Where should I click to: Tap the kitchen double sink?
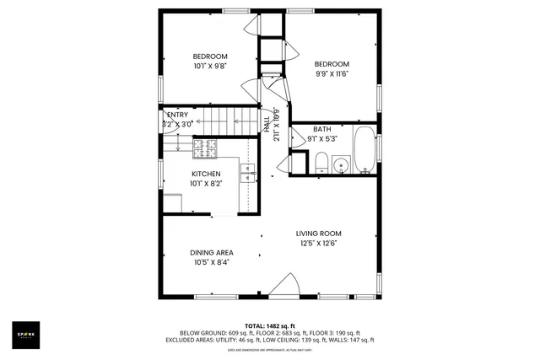pyautogui.click(x=246, y=173)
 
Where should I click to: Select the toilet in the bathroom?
pyautogui.click(x=321, y=162)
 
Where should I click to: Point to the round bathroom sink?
pyautogui.click(x=340, y=164)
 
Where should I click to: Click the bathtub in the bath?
pyautogui.click(x=365, y=149)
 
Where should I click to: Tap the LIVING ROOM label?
pyautogui.click(x=317, y=234)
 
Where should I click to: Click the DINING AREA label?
pyautogui.click(x=211, y=252)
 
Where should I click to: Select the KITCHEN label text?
pyautogui.click(x=205, y=174)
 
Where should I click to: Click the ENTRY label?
pyautogui.click(x=177, y=115)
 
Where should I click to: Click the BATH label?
pyautogui.click(x=322, y=129)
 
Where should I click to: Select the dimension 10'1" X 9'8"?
pyautogui.click(x=210, y=66)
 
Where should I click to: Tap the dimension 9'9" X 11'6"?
pyautogui.click(x=332, y=73)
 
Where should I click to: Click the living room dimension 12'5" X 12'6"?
pyautogui.click(x=317, y=244)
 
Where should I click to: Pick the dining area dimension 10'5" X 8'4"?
pyautogui.click(x=211, y=262)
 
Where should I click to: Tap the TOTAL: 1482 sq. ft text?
pyautogui.click(x=269, y=325)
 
